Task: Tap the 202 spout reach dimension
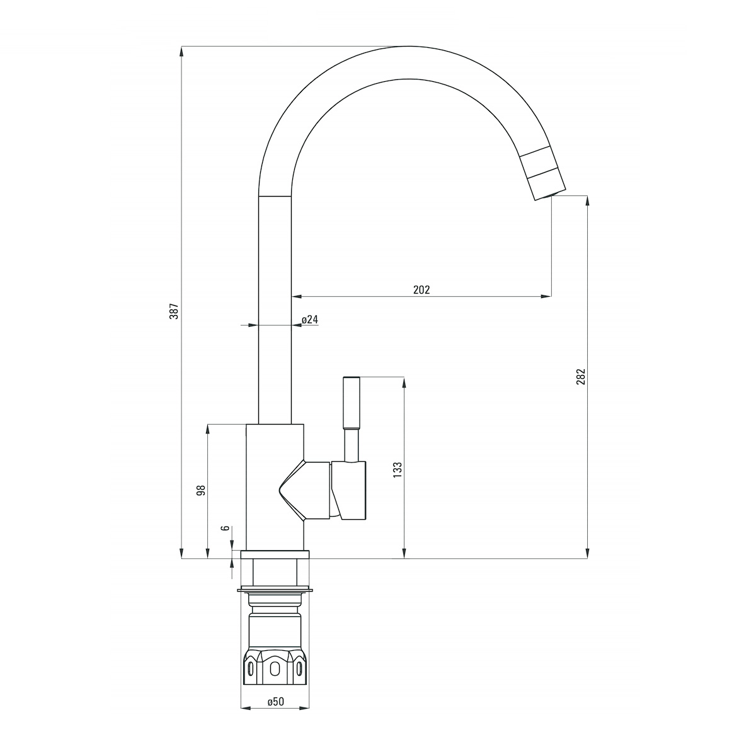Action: pos(421,290)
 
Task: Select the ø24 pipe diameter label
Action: pos(310,319)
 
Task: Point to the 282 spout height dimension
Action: pos(581,377)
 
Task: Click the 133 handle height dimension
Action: pos(398,469)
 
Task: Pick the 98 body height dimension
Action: pos(201,490)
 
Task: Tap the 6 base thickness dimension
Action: pos(226,528)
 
